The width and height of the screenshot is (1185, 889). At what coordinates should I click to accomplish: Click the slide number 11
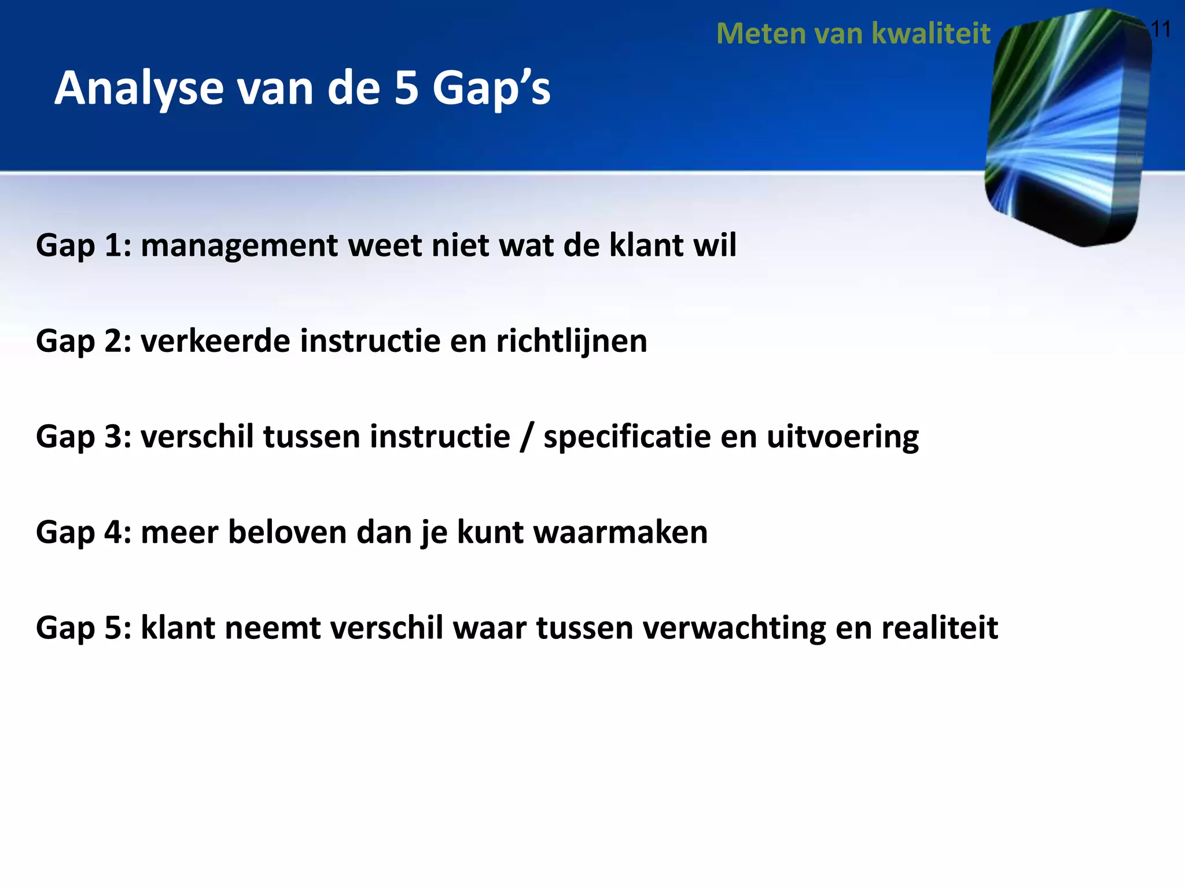point(1161,29)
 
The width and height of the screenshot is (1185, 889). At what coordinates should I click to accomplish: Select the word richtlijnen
point(571,341)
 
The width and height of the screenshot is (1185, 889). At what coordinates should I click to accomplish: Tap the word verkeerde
point(215,341)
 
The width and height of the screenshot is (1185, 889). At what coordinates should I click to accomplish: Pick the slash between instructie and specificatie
point(525,436)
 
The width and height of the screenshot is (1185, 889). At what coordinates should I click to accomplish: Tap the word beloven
point(287,532)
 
